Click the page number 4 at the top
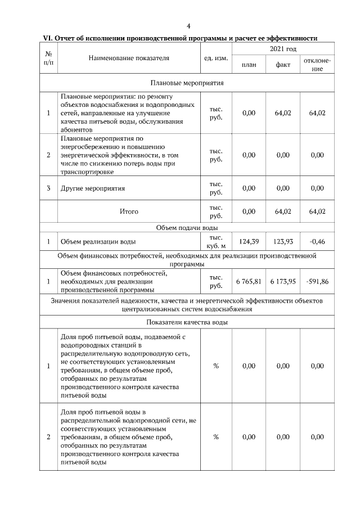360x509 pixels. tap(188, 26)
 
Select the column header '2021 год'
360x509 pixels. tap(283, 50)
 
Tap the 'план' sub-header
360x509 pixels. tap(249, 65)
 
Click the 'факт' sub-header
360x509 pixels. tap(282, 65)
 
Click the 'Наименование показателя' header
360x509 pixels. tap(128, 57)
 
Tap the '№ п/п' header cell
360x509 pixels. tap(48, 57)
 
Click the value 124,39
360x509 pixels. tap(249, 242)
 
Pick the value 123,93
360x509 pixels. tap(282, 242)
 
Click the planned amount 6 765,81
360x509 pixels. tap(249, 281)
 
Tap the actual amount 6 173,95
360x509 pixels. tap(282, 281)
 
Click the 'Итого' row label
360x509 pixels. tap(128, 211)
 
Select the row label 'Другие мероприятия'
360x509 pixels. tap(93, 188)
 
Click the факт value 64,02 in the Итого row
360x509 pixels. tap(282, 211)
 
